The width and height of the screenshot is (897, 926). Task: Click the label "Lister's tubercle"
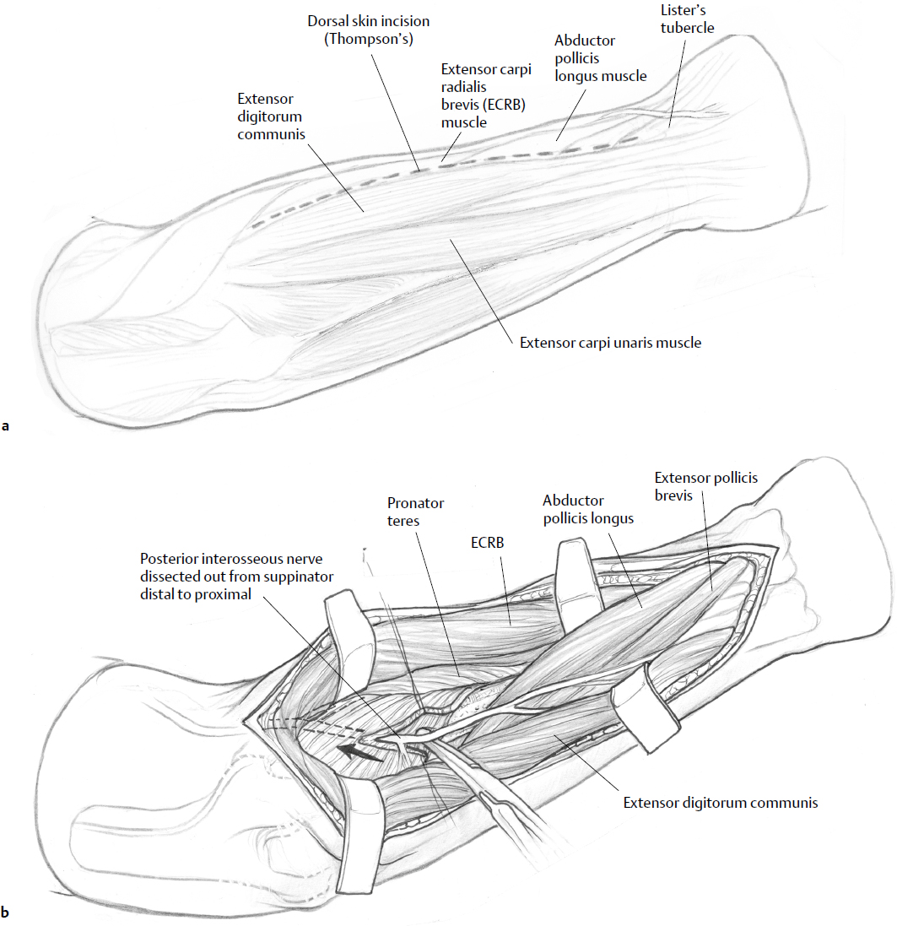pos(687,19)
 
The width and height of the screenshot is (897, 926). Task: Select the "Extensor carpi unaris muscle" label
pos(610,343)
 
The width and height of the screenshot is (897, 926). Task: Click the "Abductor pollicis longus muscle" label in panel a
pos(600,58)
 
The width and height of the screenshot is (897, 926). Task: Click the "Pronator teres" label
pos(415,512)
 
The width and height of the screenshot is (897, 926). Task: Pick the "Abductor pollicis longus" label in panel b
pos(587,509)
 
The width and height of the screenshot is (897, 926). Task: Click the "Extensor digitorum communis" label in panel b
pos(721,803)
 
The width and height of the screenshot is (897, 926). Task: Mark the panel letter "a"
pos(6,426)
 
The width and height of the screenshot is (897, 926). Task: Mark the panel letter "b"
pos(6,912)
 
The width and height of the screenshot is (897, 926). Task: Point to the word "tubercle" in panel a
pos(687,28)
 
